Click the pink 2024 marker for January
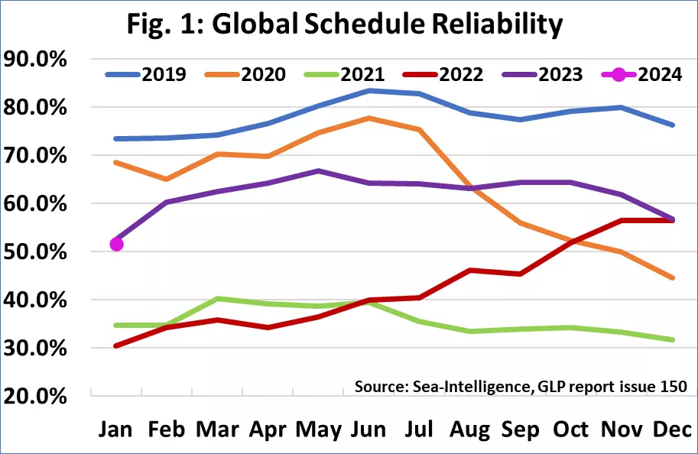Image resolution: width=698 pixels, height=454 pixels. pos(117,244)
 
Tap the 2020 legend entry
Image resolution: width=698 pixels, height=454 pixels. pos(248,74)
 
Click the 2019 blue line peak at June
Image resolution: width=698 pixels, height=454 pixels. pos(369,90)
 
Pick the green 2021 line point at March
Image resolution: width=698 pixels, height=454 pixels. pos(218,298)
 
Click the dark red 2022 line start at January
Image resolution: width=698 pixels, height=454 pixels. pos(117,345)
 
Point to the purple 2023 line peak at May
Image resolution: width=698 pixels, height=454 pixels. pos(319,171)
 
